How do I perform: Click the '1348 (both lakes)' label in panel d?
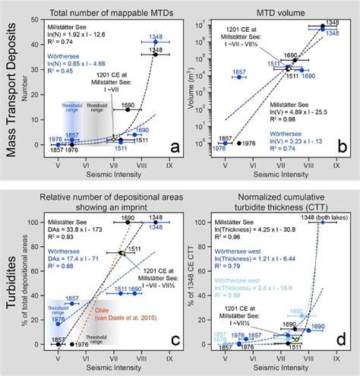[319, 220]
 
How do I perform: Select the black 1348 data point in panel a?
[155, 54]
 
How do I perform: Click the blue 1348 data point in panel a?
[156, 43]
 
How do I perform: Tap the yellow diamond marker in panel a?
[114, 140]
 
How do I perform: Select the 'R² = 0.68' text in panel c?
[61, 267]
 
